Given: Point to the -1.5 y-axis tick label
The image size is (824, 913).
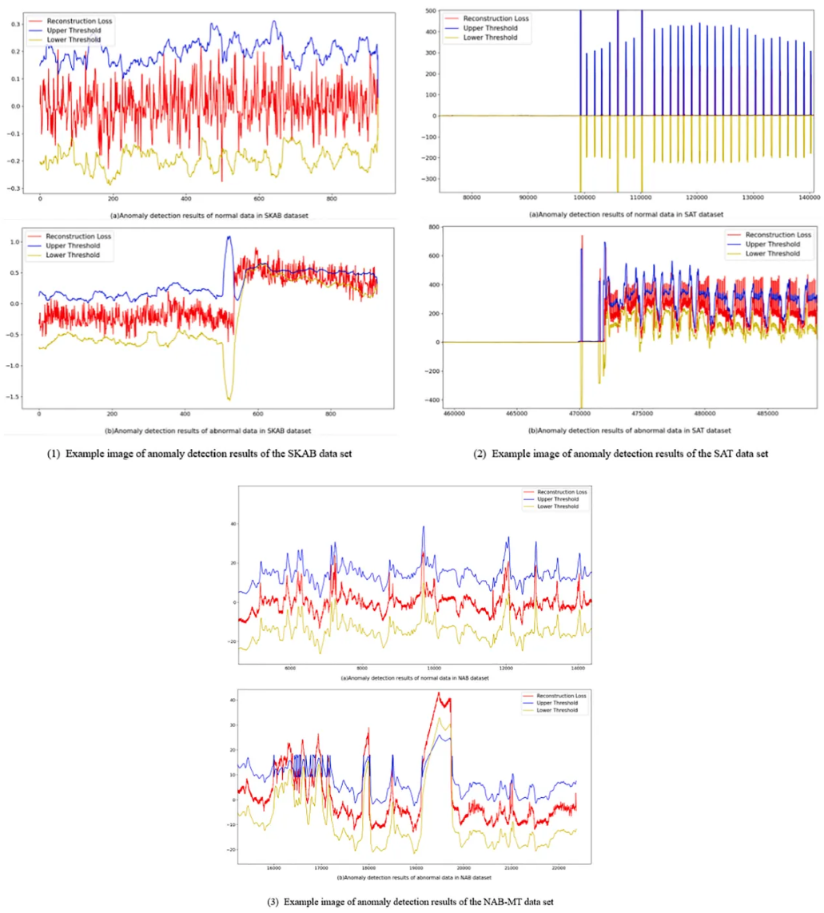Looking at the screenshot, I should pyautogui.click(x=13, y=398).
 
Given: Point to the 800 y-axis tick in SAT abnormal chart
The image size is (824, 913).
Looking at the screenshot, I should pyautogui.click(x=429, y=228).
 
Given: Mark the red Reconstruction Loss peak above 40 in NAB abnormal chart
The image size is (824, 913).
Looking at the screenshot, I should pyautogui.click(x=439, y=693).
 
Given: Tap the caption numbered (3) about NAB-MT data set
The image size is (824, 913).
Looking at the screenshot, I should pyautogui.click(x=411, y=901).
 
